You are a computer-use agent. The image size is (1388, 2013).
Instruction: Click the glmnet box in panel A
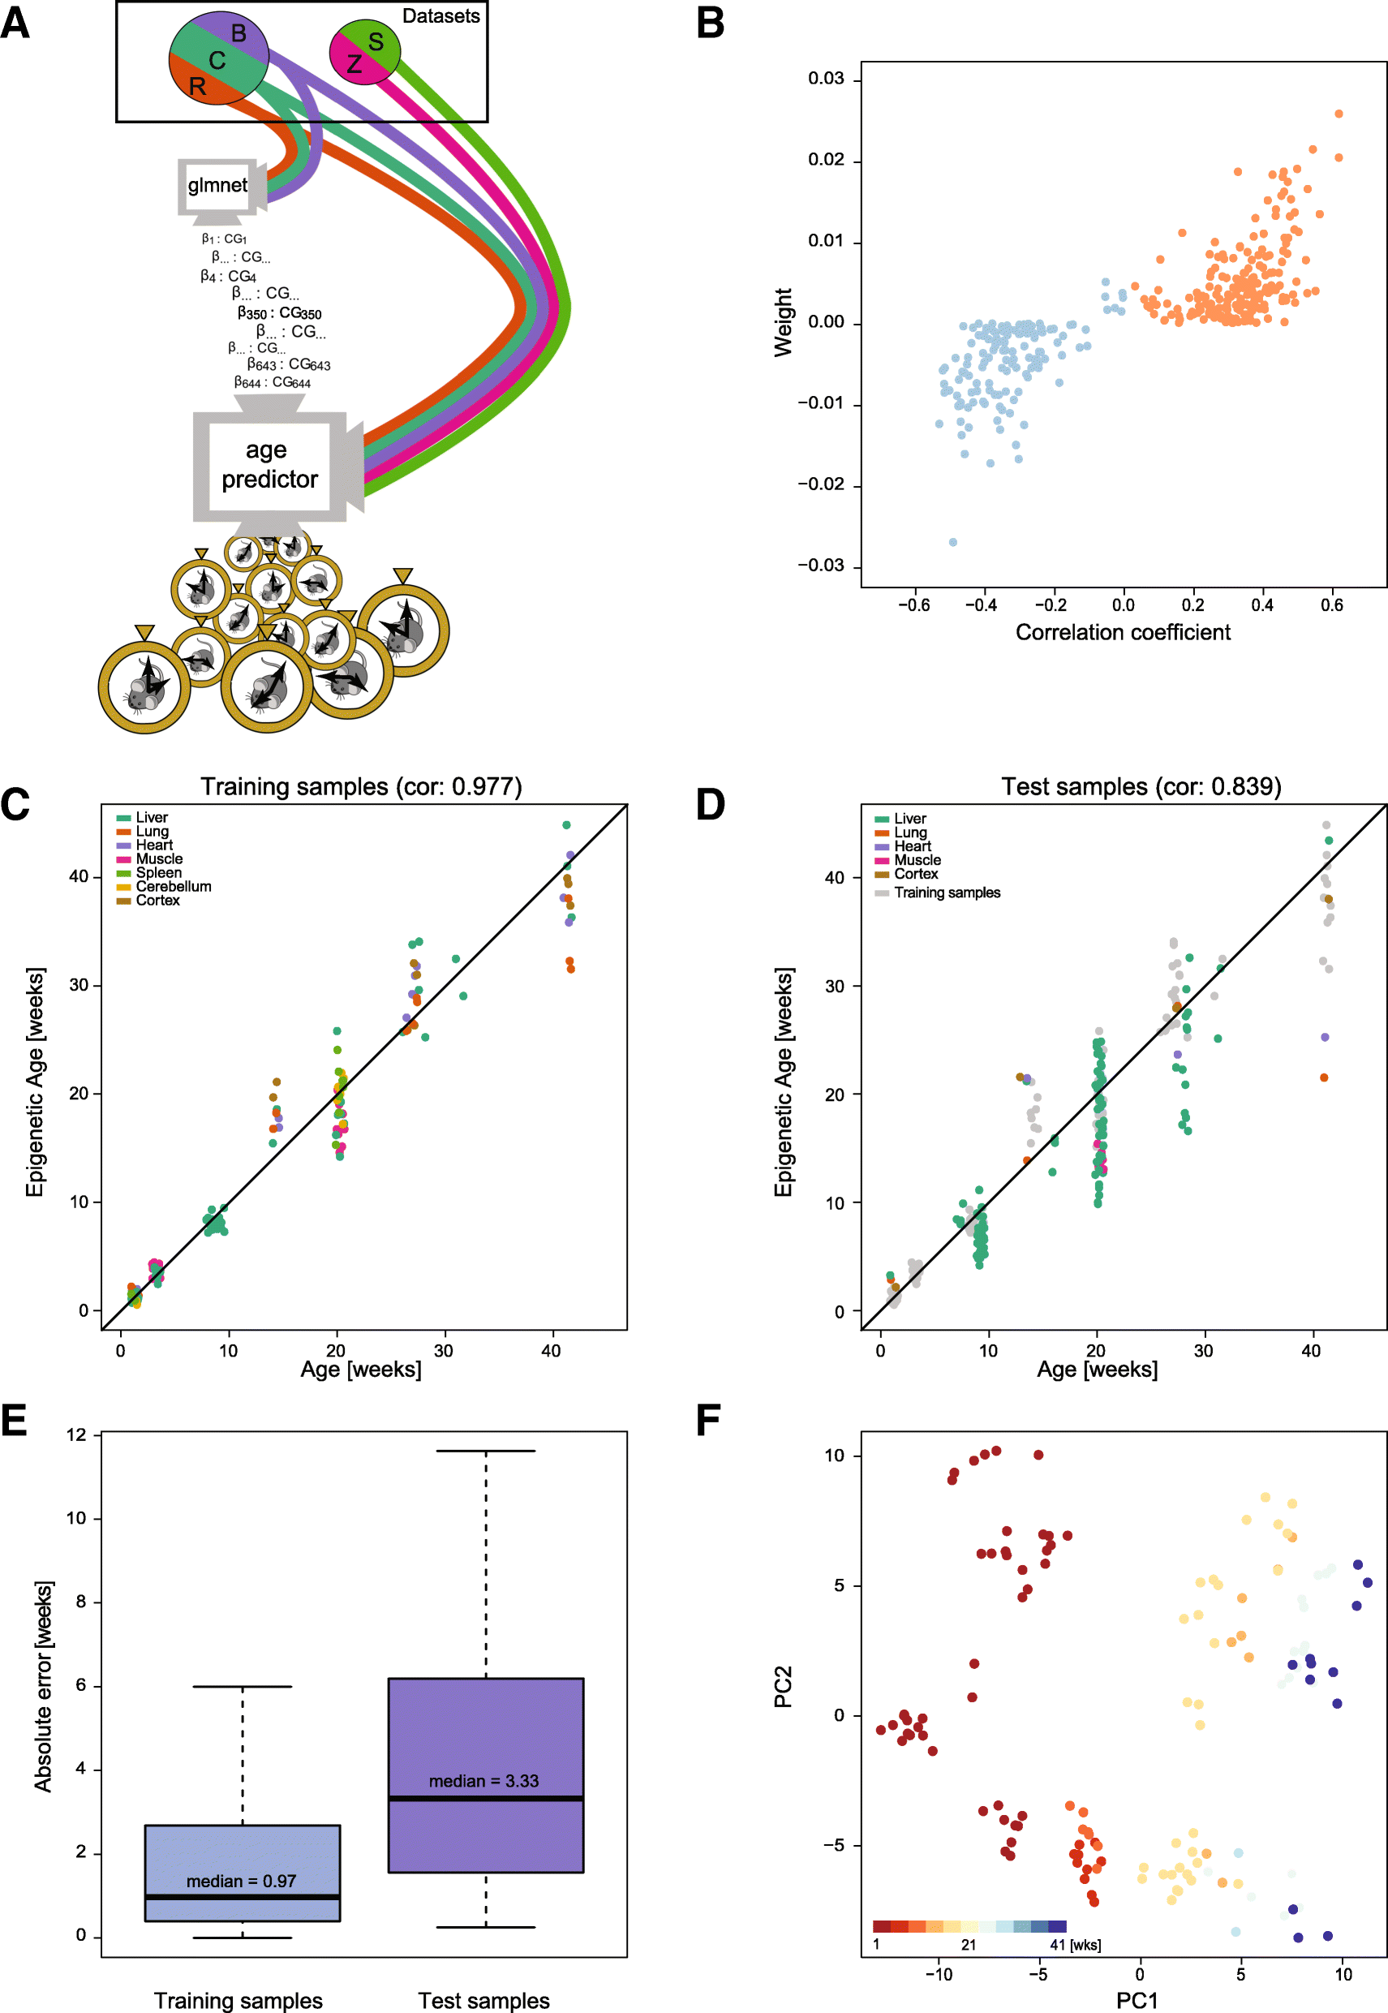(x=217, y=185)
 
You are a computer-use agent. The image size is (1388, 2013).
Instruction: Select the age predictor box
(x=269, y=466)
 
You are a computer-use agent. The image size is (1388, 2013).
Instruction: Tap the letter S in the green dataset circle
(x=376, y=41)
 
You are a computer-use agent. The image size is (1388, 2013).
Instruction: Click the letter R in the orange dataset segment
(x=197, y=87)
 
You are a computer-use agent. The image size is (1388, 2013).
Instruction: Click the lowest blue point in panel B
(x=952, y=542)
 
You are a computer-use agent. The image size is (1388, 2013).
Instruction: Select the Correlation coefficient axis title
(x=1122, y=632)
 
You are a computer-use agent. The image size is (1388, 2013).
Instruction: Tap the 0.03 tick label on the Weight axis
(x=825, y=80)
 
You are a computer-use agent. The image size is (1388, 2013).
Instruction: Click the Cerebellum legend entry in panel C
(x=173, y=887)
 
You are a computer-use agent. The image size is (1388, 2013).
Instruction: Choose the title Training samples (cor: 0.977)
(x=361, y=786)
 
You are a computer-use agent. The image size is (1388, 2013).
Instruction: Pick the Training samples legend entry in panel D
(x=946, y=893)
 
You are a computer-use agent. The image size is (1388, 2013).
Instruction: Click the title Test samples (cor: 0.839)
(x=1141, y=786)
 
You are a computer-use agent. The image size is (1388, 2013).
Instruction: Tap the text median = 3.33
(x=483, y=1781)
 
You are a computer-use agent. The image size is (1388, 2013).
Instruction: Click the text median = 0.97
(x=241, y=1881)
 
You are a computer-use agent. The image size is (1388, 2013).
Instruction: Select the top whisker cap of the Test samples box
(x=485, y=1451)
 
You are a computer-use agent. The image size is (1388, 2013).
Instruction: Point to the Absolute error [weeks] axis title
(x=43, y=1686)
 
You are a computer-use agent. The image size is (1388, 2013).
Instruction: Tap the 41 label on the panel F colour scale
(x=1058, y=1944)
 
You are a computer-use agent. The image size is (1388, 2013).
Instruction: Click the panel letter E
(x=15, y=1420)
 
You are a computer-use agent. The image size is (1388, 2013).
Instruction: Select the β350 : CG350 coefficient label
(x=279, y=313)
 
